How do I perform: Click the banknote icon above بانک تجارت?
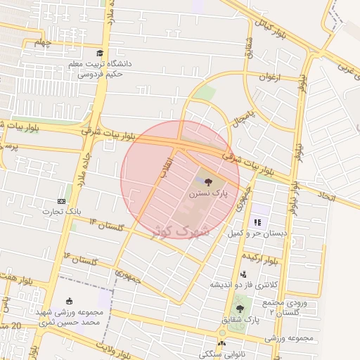pyautogui.click(x=63, y=201)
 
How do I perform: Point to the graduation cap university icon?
pyautogui.click(x=100, y=53)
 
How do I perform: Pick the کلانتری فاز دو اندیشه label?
pyautogui.click(x=236, y=285)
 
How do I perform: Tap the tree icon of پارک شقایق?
pyautogui.click(x=240, y=309)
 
